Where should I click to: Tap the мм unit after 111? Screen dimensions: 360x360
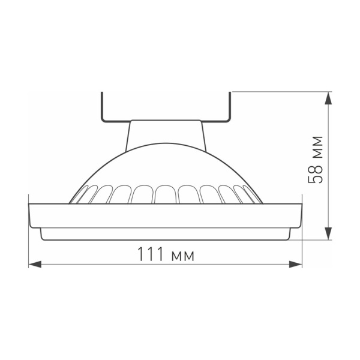[182, 256]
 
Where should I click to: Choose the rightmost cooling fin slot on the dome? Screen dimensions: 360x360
[253, 195]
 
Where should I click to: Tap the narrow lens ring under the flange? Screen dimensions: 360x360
[166, 234]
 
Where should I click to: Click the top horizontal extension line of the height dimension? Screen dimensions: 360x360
[276, 92]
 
